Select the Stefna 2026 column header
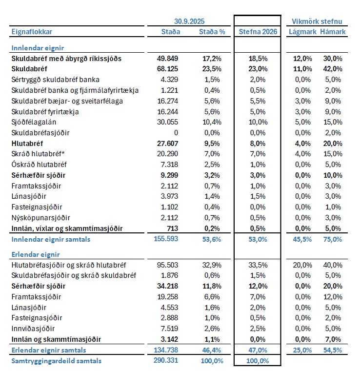click(x=258, y=32)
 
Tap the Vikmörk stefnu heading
click(x=317, y=21)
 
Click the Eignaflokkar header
click(x=32, y=32)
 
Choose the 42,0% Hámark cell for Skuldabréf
click(x=333, y=69)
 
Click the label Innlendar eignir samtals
click(x=51, y=239)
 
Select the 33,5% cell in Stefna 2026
click(x=258, y=265)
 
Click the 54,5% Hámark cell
click(x=333, y=350)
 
